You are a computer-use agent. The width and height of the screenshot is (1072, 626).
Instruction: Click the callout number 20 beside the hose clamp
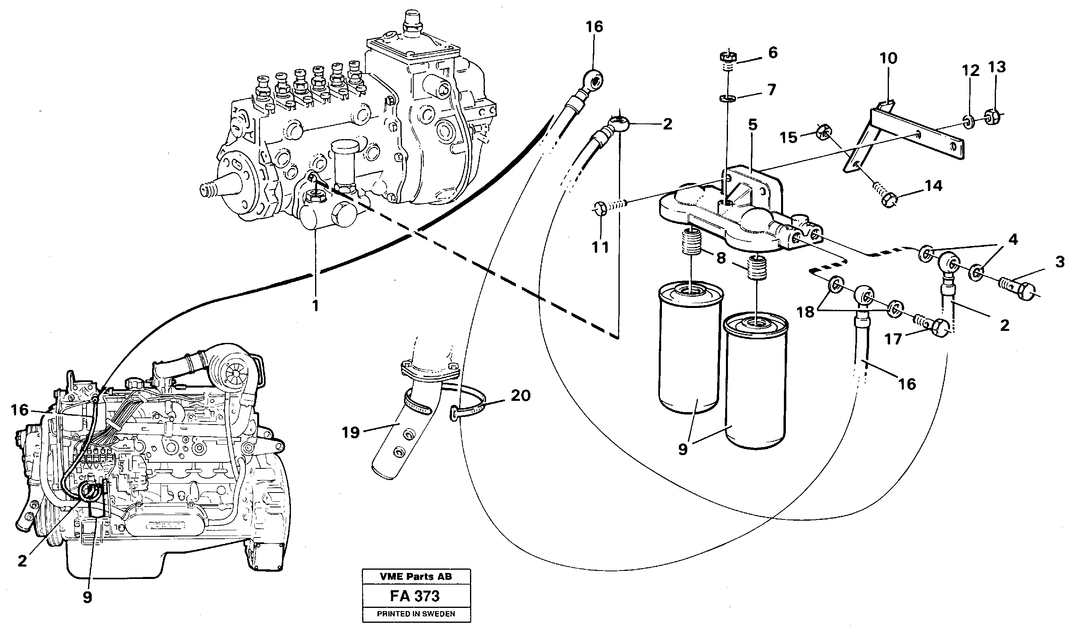521,396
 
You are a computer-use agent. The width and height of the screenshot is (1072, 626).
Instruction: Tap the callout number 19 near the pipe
350,433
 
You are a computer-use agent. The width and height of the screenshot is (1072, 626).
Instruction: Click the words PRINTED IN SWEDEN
416,614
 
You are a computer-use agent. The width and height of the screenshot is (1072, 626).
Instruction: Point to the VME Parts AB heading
415,577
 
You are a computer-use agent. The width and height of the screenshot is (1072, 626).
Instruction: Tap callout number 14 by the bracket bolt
934,186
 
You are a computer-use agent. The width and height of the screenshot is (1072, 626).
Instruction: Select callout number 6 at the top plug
773,53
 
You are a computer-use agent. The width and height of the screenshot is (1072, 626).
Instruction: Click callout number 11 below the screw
600,247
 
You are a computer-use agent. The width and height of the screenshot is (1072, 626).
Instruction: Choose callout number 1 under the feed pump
315,305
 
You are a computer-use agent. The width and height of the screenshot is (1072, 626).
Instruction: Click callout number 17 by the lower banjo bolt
893,339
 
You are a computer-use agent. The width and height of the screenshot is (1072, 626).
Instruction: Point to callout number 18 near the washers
805,312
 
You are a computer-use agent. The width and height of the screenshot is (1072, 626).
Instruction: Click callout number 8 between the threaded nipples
720,258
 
